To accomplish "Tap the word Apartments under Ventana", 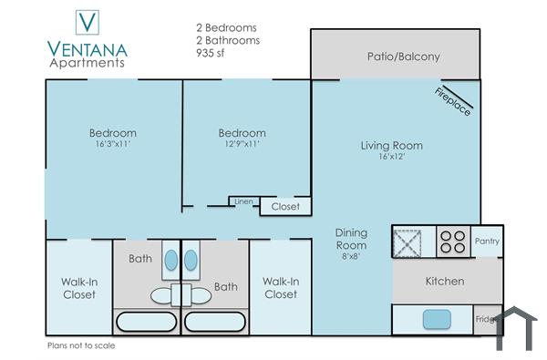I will point(87,64).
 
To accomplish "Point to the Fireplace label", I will point(452,100).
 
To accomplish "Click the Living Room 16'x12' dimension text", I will point(391,158).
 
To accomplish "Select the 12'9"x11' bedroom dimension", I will point(242,145).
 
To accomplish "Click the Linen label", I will point(243,201).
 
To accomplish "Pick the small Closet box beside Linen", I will point(285,207).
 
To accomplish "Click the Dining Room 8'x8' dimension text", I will point(351,257).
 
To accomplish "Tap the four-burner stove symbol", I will point(453,241).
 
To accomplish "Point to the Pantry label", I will point(488,241).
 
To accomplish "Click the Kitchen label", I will point(445,281).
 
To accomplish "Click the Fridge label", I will point(486,319).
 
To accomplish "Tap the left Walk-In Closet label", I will point(78,288).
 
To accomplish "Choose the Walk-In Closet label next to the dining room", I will point(280,288).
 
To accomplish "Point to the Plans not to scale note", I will point(81,345).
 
